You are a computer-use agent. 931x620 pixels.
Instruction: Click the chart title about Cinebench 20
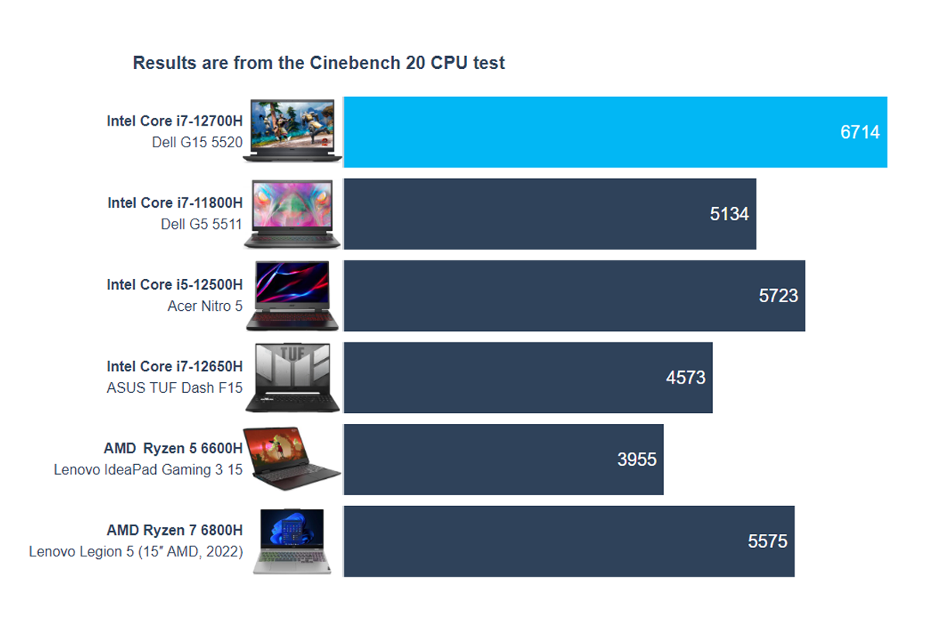coord(319,63)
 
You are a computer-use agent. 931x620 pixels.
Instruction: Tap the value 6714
coord(860,133)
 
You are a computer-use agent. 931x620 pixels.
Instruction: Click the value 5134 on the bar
coord(729,214)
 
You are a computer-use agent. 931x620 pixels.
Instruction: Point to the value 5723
coord(778,296)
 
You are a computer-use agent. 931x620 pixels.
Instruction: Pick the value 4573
coord(686,378)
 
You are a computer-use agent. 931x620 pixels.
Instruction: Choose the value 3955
coord(637,460)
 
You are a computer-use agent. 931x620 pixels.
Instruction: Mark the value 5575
coord(767,542)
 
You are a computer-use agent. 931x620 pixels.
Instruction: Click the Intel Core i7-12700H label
coord(175,121)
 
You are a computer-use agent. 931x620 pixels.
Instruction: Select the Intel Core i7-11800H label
coord(175,203)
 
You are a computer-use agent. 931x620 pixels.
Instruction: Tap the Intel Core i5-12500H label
coord(175,285)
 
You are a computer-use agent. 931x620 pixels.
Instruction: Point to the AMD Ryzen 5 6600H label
coord(173,449)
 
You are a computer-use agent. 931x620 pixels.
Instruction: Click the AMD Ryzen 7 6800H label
coord(175,531)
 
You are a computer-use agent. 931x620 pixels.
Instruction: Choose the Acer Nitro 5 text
coord(205,306)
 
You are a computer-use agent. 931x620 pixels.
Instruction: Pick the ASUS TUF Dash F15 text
coord(175,388)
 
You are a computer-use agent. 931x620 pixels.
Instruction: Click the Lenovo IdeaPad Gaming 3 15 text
coord(148,470)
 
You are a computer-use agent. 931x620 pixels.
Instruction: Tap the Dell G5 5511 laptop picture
coord(292,214)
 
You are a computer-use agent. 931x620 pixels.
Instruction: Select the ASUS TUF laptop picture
coord(292,378)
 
